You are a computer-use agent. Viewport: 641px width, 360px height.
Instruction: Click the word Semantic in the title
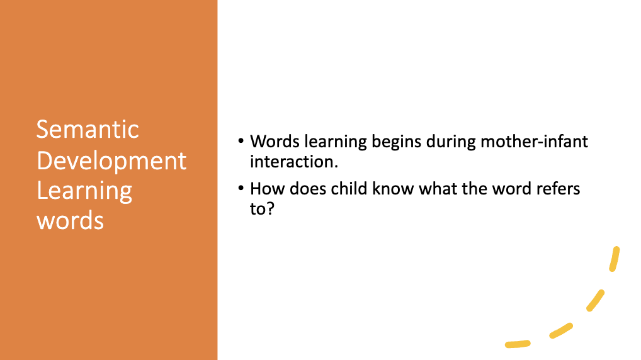click(x=88, y=130)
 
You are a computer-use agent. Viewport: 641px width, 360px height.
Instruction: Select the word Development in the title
click(x=111, y=160)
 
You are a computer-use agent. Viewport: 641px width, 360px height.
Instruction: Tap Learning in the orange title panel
click(x=84, y=191)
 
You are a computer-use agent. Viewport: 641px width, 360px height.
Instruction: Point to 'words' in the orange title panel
click(x=71, y=221)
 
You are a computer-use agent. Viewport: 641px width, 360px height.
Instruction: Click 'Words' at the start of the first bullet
click(x=275, y=142)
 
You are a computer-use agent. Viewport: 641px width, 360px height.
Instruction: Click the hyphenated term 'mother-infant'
click(x=535, y=142)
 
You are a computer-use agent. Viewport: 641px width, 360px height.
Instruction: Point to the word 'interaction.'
click(x=294, y=162)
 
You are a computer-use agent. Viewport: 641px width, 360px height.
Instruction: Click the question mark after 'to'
click(x=270, y=209)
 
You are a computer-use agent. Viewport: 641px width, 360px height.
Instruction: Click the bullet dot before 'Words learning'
click(x=241, y=142)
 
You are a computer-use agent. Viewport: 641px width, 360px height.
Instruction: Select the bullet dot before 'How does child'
click(x=241, y=188)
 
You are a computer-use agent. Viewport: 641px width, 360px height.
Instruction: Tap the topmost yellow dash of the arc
click(x=615, y=259)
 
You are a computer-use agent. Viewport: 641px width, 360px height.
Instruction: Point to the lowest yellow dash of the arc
click(x=518, y=344)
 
